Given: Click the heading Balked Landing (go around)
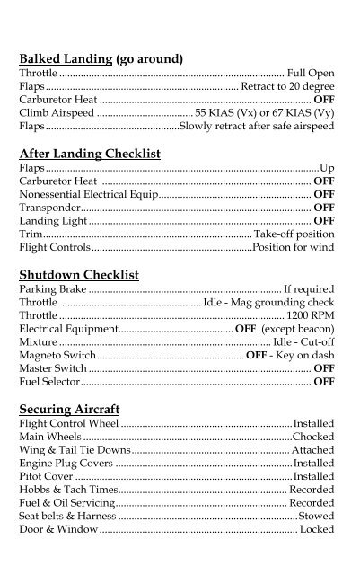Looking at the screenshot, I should click(x=101, y=58).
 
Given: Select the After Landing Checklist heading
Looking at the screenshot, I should click(x=89, y=154).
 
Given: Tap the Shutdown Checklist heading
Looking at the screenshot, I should click(x=78, y=275).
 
